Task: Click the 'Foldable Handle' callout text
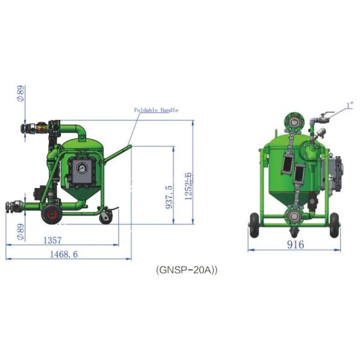pos(155,110)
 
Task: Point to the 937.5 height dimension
pos(169,195)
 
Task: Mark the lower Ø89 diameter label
pos(19,228)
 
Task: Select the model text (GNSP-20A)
pos(187,270)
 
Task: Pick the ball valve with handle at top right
pos(324,116)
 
